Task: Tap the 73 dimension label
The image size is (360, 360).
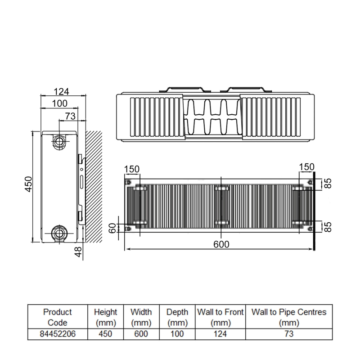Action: (x=70, y=116)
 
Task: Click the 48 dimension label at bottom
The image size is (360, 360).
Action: (x=78, y=252)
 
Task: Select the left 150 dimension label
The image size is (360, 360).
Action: (x=132, y=169)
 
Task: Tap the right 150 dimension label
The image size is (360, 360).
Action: (x=306, y=167)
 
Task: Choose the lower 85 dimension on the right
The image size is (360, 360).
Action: (x=328, y=226)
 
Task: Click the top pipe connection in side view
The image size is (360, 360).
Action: (x=59, y=141)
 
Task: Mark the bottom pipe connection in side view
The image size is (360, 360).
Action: (x=59, y=233)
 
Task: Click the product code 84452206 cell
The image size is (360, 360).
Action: (x=57, y=334)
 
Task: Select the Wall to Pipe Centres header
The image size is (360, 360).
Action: (x=288, y=317)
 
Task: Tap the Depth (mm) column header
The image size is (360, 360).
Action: (x=177, y=317)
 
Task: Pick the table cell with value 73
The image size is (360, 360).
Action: (x=288, y=334)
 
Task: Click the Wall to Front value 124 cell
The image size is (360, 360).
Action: (x=220, y=334)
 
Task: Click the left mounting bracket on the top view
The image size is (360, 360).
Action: (x=182, y=90)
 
